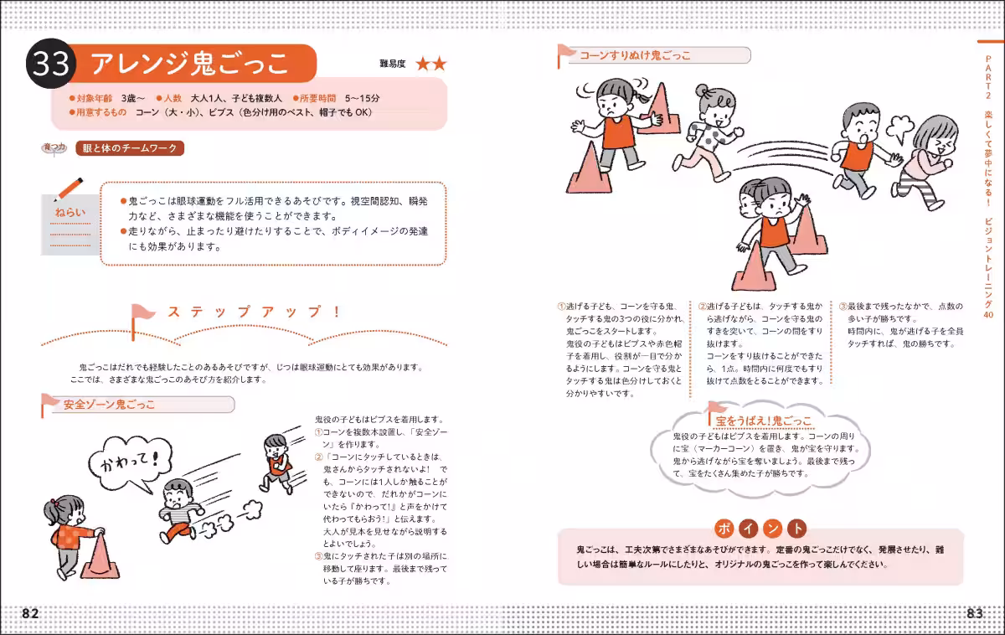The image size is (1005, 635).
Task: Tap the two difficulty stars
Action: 431,64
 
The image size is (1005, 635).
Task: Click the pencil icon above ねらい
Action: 69,188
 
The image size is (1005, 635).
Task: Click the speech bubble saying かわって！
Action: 129,464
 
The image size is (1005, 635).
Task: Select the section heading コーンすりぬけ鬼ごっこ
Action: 636,55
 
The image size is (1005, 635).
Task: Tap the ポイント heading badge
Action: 761,529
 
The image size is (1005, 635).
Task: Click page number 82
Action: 30,613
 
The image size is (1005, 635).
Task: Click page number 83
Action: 974,613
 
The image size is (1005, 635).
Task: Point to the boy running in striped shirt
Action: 178,509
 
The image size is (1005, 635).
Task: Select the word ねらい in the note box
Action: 70,213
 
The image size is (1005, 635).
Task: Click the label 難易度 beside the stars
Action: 393,65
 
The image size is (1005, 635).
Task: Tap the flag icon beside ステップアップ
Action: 140,313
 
